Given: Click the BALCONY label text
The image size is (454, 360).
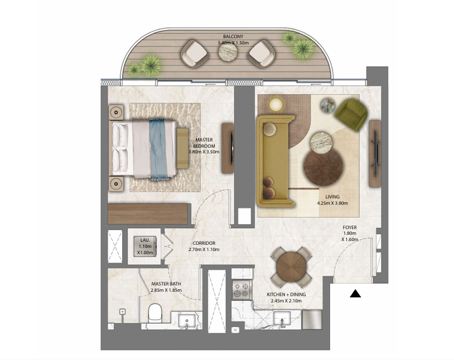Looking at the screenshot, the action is (x=233, y=37).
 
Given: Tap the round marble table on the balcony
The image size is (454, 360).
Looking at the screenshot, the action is (x=228, y=52).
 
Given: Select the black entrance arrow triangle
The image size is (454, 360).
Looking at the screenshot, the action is (x=355, y=294).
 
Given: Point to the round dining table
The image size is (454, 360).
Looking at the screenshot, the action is (x=291, y=266).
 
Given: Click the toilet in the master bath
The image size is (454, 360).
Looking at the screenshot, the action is (x=155, y=313).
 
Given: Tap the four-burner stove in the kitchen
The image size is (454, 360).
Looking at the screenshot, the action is (x=242, y=290).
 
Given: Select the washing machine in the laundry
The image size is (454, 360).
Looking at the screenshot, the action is (x=145, y=246).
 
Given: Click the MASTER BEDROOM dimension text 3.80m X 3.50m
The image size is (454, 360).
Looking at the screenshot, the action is (x=204, y=152).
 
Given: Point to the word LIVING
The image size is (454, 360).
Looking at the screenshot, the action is (x=333, y=197).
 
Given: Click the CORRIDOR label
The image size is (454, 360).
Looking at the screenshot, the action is (x=204, y=243).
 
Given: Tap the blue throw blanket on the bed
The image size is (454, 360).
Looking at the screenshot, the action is (x=158, y=149).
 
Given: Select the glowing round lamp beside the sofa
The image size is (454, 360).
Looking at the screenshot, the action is (x=276, y=105).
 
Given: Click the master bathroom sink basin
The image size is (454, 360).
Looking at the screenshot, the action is (x=187, y=321).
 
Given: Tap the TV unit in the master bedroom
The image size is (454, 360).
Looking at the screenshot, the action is (x=228, y=148).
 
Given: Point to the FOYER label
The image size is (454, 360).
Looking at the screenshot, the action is (x=350, y=227).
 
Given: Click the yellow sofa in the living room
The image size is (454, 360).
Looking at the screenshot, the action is (x=275, y=161).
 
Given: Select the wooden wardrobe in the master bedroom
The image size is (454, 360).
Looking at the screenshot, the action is (x=148, y=214).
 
